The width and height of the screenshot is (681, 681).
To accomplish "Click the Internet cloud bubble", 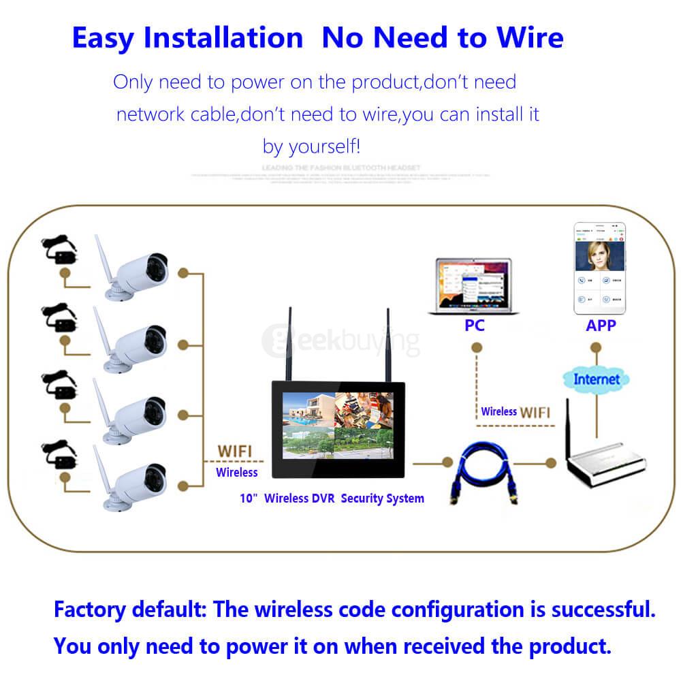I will click(597, 379).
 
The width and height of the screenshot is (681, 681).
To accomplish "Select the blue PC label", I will click(474, 326).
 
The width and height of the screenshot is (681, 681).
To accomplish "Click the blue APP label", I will click(601, 326).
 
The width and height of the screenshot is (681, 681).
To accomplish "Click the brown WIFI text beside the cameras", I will click(234, 451).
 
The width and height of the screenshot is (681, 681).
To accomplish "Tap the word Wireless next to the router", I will click(498, 411).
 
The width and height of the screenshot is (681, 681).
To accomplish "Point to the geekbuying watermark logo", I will click(340, 340).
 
